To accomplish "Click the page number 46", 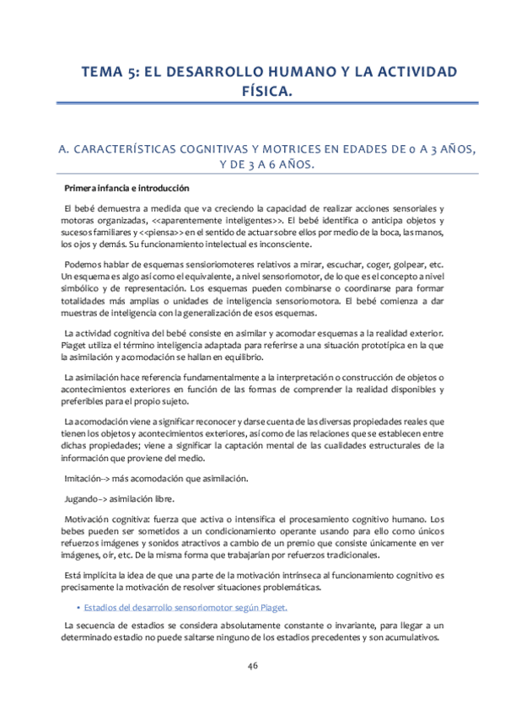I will pos(252,667).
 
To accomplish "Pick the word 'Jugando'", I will pos(84,498).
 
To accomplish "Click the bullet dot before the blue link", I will pos(78,606).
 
